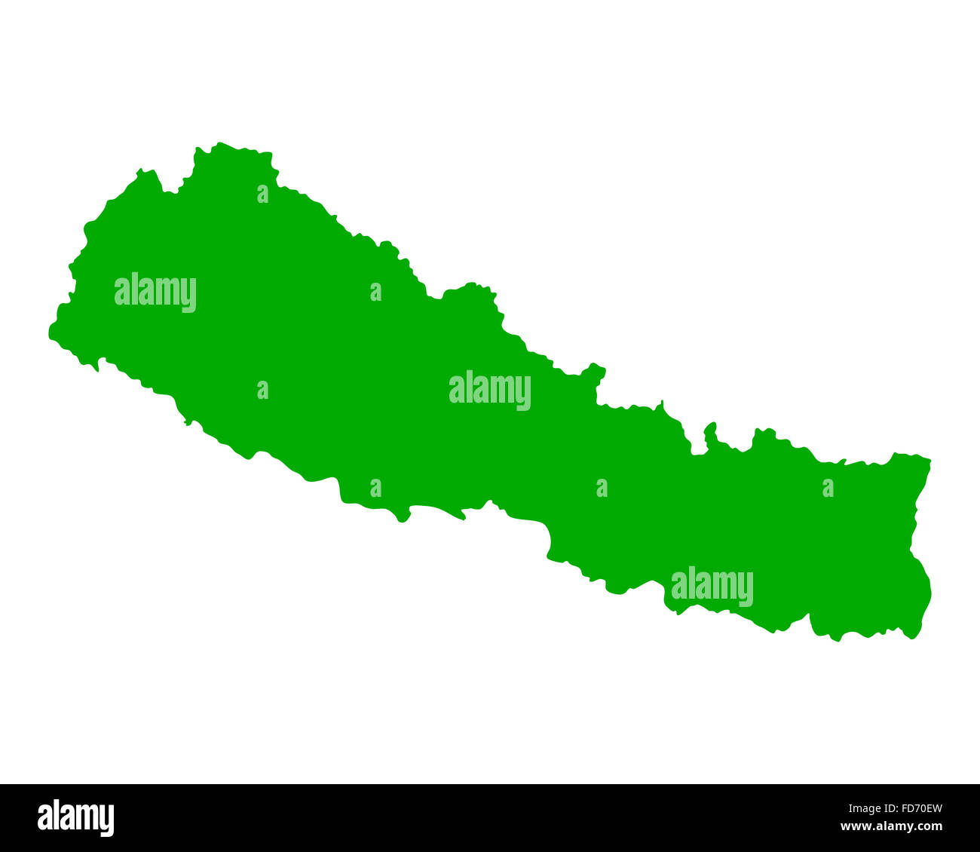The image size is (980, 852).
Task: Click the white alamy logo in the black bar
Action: (75, 818)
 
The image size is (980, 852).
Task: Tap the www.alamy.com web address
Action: (891, 827)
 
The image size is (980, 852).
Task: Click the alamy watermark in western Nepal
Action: (155, 293)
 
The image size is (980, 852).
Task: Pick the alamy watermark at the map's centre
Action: (490, 391)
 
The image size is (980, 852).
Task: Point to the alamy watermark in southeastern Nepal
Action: (712, 587)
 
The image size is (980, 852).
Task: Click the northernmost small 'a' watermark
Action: (262, 195)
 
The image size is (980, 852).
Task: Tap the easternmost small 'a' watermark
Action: (828, 489)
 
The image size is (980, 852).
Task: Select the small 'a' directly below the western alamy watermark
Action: (262, 390)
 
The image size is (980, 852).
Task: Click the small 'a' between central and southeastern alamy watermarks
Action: (602, 489)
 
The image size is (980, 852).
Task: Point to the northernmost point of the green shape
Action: (219, 143)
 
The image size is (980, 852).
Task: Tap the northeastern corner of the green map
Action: (929, 459)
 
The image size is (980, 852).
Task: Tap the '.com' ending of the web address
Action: (929, 827)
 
